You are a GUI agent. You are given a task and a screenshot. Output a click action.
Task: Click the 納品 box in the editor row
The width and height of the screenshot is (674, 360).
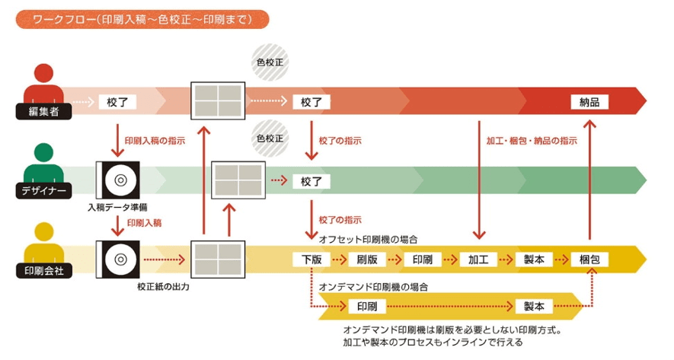click(589, 101)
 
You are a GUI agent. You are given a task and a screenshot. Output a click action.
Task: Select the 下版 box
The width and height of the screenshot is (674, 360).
click(311, 260)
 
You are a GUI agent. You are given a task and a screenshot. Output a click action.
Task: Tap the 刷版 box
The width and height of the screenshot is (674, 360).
click(368, 260)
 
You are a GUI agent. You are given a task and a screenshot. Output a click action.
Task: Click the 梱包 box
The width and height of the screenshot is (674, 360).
click(589, 260)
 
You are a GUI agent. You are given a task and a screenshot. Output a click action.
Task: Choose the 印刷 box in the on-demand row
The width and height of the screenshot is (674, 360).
click(368, 307)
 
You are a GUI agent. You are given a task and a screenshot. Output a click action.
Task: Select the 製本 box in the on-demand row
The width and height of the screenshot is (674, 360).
click(534, 307)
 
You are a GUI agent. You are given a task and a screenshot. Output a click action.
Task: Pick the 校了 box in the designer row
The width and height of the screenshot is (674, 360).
click(311, 181)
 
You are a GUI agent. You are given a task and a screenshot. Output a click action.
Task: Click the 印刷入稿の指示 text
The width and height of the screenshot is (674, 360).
click(155, 142)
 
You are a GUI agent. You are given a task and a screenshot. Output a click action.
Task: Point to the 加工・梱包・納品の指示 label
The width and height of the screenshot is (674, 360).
click(531, 142)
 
